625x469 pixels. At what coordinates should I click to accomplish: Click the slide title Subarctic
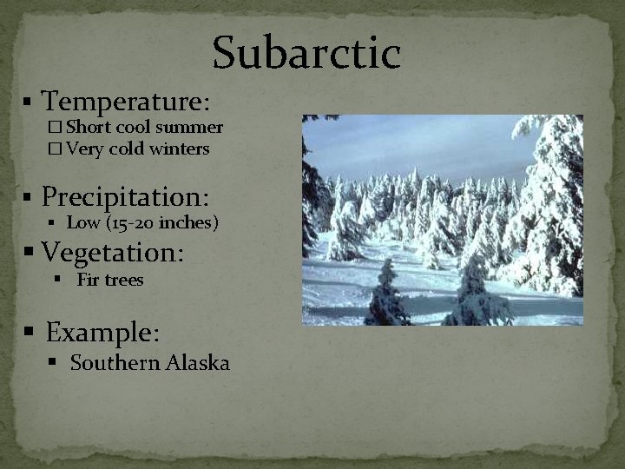tap(306, 52)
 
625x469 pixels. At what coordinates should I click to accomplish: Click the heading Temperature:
tap(126, 102)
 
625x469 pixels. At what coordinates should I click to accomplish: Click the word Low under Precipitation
tap(83, 222)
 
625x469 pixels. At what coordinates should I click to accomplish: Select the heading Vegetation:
tap(113, 252)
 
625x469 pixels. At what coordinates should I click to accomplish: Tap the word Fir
tap(88, 280)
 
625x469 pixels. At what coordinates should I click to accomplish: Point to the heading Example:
tap(102, 332)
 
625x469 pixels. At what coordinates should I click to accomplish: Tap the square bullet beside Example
tap(29, 333)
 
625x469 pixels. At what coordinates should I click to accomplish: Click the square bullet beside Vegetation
tap(29, 253)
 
